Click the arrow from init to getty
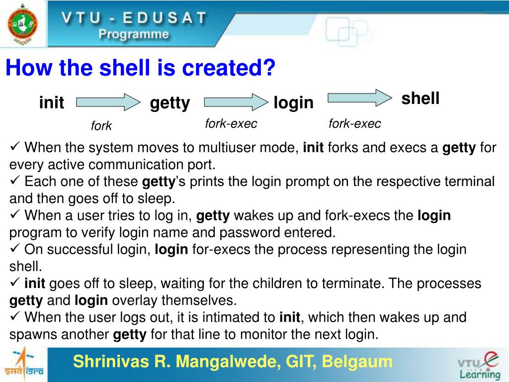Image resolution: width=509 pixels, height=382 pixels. coord(108,102)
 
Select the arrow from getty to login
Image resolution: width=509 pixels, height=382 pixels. coord(236,102)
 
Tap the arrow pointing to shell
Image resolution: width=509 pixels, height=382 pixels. coord(360,98)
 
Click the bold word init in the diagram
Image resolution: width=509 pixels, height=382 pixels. coord(52,102)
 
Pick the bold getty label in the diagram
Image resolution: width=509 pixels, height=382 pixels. coord(170,103)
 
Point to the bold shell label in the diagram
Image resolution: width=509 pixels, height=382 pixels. coord(421,98)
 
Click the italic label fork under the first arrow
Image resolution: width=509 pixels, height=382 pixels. coord(101,126)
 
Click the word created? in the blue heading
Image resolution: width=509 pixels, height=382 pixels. coord(229,68)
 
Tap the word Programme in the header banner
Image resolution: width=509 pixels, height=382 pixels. coord(134,34)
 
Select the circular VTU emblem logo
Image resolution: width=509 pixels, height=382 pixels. coord(22,24)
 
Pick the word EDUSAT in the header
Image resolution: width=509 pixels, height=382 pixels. coord(165,18)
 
